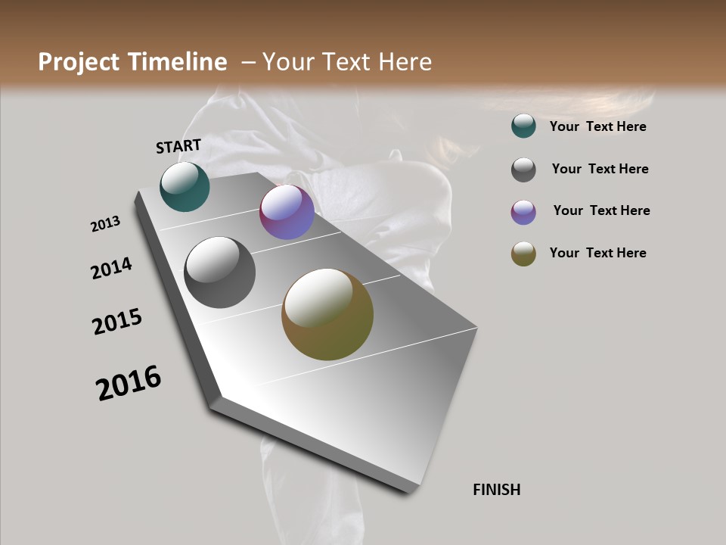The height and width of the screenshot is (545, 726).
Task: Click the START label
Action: coord(178,146)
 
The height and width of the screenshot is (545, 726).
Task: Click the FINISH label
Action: coord(497,490)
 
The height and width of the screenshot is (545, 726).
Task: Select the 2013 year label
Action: coord(106,224)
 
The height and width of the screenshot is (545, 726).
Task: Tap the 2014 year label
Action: coord(112,268)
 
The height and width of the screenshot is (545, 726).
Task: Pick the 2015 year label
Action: coord(117,322)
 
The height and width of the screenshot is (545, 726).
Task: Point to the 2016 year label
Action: coord(129,383)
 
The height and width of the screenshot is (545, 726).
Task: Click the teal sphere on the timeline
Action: coord(185,187)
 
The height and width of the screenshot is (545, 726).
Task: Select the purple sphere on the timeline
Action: coord(287,213)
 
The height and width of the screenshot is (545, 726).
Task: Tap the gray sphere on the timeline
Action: coord(219,272)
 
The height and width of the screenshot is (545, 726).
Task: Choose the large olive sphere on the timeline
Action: coord(327,314)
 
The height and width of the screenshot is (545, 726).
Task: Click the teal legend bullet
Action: coord(523,126)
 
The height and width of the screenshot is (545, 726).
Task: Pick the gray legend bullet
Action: coord(523,170)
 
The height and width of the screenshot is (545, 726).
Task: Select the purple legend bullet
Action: coord(523,212)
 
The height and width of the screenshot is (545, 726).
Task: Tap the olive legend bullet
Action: coord(523,254)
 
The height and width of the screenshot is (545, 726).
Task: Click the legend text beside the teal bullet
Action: coord(598,126)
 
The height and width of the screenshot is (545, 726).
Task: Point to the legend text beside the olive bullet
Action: coord(598,253)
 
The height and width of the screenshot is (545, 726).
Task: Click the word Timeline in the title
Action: coord(179,62)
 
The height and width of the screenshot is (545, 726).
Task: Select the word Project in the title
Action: coord(79,62)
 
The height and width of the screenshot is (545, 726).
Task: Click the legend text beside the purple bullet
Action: coord(601,210)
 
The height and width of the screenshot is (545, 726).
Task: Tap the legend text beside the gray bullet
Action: coord(600,169)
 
